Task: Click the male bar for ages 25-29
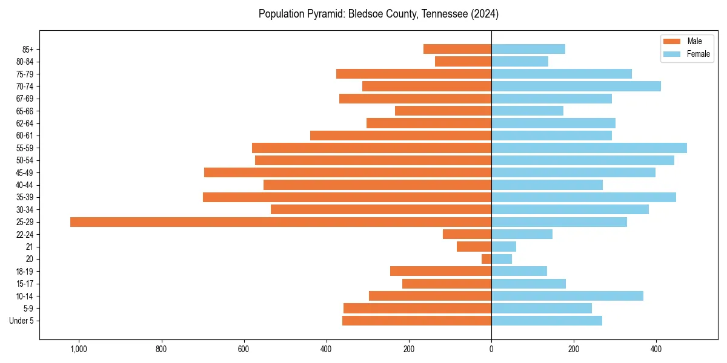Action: click(281, 222)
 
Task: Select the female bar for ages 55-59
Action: click(589, 148)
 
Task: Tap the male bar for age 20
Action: click(486, 259)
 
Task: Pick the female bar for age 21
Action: click(503, 247)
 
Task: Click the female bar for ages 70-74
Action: click(576, 87)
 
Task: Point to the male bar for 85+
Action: click(457, 49)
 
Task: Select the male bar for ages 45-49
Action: click(348, 172)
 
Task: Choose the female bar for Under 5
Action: click(546, 321)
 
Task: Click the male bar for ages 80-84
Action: click(463, 62)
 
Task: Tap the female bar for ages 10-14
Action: click(567, 296)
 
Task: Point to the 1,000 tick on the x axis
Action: click(79, 349)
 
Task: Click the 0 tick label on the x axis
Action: click(491, 349)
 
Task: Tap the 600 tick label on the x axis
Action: click(244, 349)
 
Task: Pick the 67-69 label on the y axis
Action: click(25, 99)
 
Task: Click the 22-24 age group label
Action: click(25, 235)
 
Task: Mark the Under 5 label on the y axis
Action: click(21, 321)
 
